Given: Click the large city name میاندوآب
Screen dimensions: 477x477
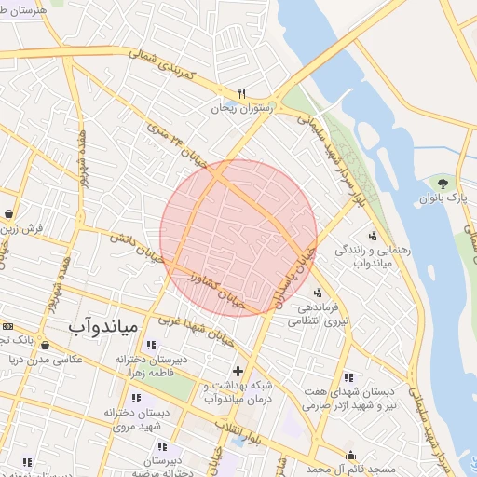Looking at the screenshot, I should pyautogui.click(x=103, y=327).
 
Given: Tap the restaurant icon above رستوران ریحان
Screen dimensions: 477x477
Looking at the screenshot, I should pyautogui.click(x=241, y=93).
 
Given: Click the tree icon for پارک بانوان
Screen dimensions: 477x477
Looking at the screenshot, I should pyautogui.click(x=442, y=184).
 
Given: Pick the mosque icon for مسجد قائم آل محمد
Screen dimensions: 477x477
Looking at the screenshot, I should pyautogui.click(x=351, y=456).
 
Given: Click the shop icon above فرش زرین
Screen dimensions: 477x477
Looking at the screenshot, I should pyautogui.click(x=8, y=213).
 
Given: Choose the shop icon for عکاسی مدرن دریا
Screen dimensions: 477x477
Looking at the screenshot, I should pyautogui.click(x=46, y=346).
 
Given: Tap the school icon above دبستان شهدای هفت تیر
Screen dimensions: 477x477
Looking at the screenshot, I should pyautogui.click(x=348, y=378).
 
